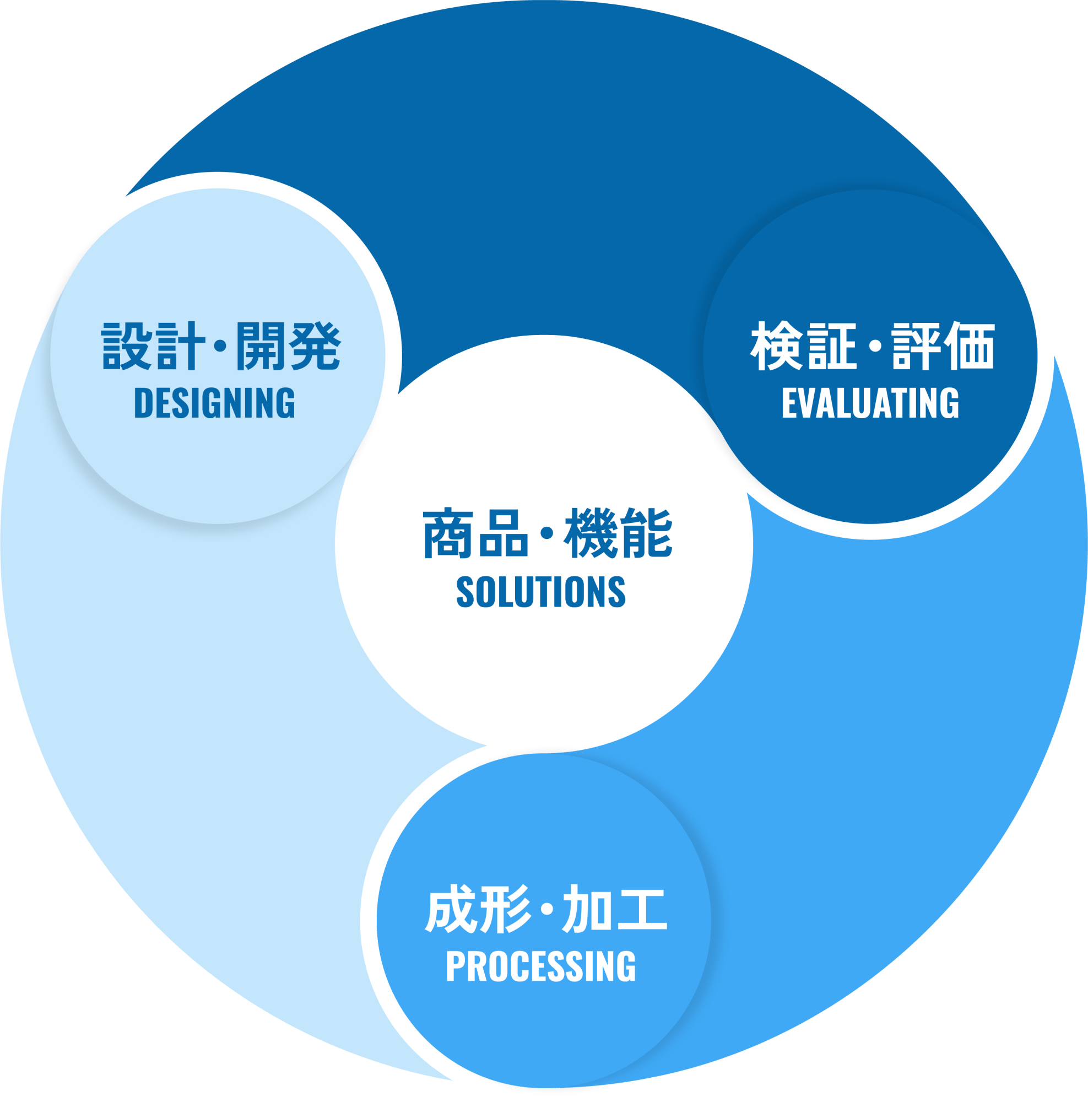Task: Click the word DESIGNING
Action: point(214,403)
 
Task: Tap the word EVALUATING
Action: point(870,403)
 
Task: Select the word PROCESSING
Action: point(540,966)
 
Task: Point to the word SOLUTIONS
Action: point(540,591)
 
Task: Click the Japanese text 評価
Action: point(944,346)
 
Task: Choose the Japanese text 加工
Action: point(614,909)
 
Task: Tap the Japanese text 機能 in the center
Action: point(618,534)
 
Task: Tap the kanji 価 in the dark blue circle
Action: point(970,346)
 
